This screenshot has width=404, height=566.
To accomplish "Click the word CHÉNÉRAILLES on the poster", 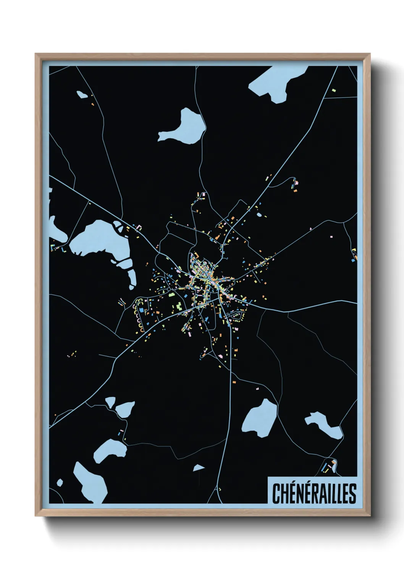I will click(314, 493).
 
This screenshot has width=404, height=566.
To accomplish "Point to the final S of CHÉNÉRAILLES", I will click(352, 493).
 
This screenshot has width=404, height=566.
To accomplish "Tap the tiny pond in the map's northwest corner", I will click(82, 94).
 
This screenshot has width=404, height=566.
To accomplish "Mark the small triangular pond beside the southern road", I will click(198, 468).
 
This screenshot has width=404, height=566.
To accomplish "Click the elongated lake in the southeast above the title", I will click(324, 424).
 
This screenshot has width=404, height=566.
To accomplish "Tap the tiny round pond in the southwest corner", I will click(60, 483).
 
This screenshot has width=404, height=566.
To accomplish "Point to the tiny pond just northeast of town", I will click(259, 215).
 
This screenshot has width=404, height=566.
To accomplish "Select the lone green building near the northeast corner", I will click(334, 90).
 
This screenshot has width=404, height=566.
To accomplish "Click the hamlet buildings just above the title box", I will click(329, 466).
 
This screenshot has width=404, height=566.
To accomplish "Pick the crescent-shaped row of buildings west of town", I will click(137, 316).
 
